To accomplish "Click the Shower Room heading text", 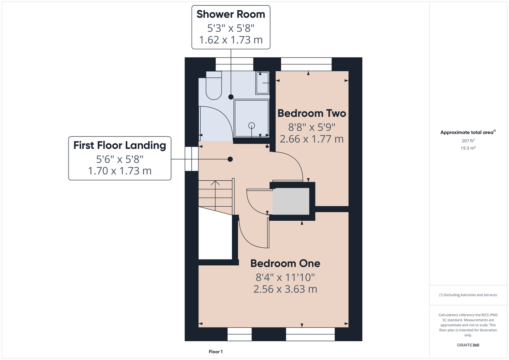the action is [231, 14].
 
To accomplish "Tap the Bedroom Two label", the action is [312, 113].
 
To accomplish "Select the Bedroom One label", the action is [285, 264].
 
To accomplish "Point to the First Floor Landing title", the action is [120, 145].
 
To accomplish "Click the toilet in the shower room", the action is [214, 85].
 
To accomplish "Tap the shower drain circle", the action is [251, 125].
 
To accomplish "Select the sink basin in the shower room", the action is [263, 83].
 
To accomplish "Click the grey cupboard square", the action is [291, 201].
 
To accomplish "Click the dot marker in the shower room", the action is [231, 97].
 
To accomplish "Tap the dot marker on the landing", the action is [230, 159].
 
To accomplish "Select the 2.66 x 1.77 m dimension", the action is [312, 139].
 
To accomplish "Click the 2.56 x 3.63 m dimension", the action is [285, 289].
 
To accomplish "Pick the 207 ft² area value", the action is [468, 141].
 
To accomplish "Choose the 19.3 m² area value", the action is [468, 148].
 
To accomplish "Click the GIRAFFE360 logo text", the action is [468, 345].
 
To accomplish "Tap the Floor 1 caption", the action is [216, 352].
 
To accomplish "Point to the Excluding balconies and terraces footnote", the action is [468, 295].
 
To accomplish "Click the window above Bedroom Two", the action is [306, 64].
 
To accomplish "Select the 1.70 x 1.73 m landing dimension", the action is [120, 171].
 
